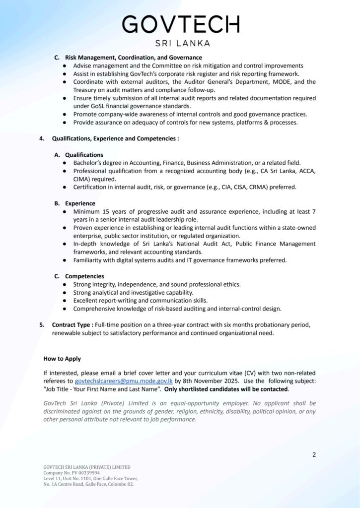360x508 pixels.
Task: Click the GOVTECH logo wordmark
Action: tap(180, 24)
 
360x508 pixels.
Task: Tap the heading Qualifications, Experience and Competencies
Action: tap(115, 138)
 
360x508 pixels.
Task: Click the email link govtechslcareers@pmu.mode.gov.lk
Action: tap(124, 381)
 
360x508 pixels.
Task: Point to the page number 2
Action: tap(314, 454)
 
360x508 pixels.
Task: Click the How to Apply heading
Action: tap(62, 358)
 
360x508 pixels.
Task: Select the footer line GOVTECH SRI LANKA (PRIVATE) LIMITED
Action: tap(87, 467)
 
